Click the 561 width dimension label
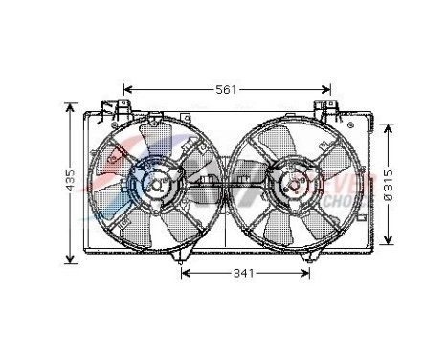pyautogui.click(x=226, y=90)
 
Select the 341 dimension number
pyautogui.click(x=244, y=275)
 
